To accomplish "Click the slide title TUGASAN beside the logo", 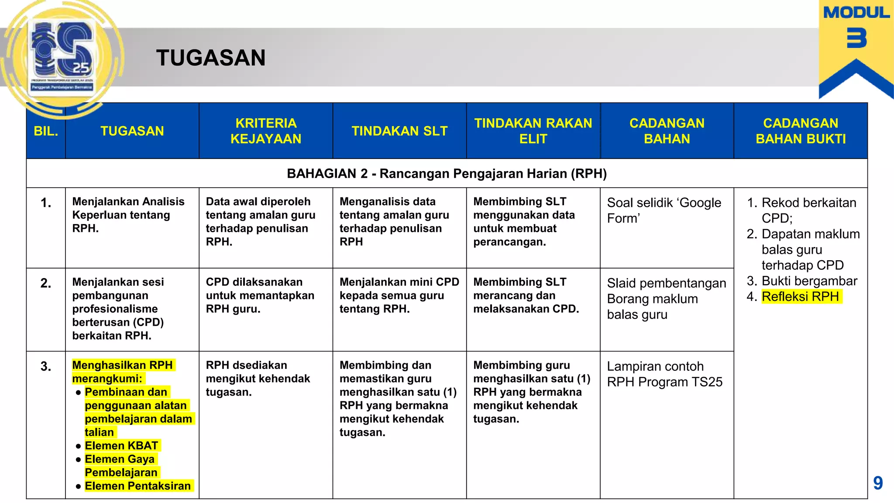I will [x=211, y=58].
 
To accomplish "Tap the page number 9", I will [x=878, y=483].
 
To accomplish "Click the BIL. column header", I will [x=46, y=131].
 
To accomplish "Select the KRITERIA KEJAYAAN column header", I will [x=265, y=131].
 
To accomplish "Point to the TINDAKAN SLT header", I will [x=399, y=131].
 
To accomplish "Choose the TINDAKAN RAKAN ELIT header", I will [x=533, y=131].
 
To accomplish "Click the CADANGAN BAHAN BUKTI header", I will [x=801, y=131].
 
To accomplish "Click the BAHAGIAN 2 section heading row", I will [x=447, y=174].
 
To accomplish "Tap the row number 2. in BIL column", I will [x=46, y=283].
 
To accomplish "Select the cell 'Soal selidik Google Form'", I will [x=664, y=210].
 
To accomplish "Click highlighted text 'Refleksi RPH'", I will [x=800, y=297].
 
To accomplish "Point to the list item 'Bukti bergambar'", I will [x=809, y=281].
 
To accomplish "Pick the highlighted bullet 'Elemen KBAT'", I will [x=121, y=446].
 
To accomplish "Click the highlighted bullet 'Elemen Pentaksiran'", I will [x=138, y=486].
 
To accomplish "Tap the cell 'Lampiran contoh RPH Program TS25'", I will [x=664, y=374].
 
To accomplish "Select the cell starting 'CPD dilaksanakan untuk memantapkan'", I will [x=260, y=296].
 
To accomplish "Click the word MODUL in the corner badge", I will [x=856, y=13].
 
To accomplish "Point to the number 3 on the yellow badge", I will [x=856, y=38].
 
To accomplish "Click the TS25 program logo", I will [x=62, y=57].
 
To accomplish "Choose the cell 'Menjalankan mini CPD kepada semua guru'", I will [x=399, y=296].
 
